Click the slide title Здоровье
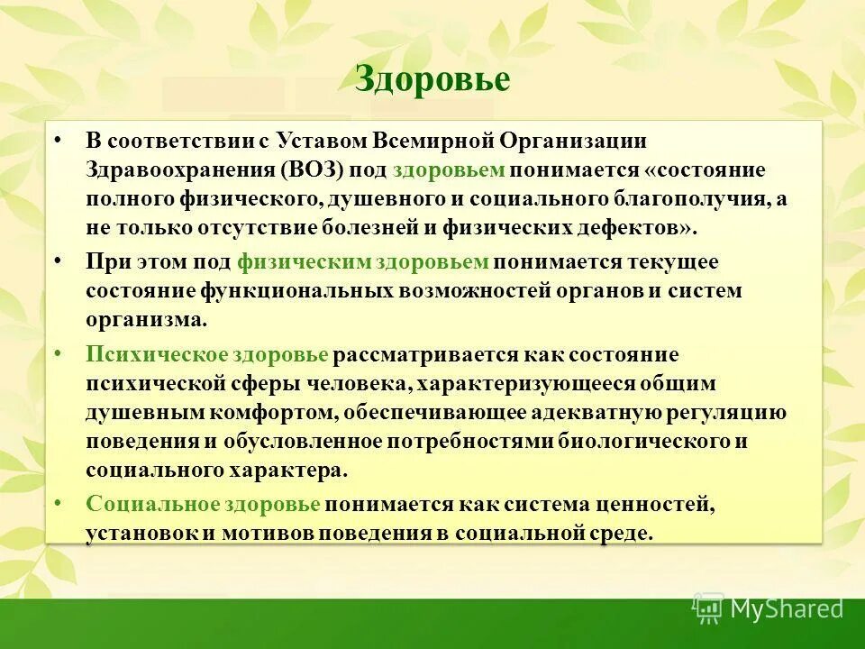click(432, 79)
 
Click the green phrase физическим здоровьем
click(363, 262)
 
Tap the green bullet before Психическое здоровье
click(59, 354)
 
